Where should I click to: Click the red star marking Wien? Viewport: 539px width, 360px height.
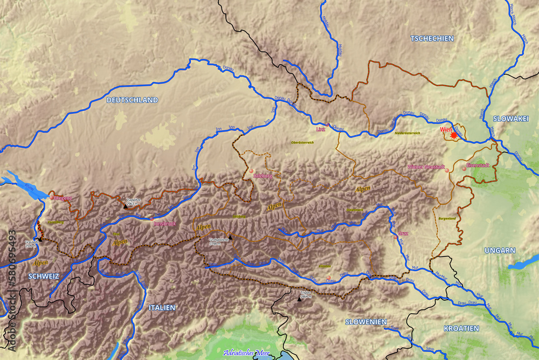454,136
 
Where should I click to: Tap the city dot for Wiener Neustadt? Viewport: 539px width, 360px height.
446,170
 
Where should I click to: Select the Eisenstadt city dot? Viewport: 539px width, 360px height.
464,169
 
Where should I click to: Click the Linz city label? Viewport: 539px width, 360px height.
321,129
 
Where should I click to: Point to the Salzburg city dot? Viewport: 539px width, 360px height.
251,171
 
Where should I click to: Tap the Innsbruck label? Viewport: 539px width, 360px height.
165,223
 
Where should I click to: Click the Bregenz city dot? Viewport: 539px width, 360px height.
52,198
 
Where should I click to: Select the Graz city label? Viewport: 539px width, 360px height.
403,234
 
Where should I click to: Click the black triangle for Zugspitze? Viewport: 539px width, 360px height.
126,205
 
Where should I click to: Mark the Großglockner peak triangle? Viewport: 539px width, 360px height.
230,237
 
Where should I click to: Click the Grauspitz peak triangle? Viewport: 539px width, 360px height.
40,239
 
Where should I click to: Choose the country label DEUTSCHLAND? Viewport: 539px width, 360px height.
132,100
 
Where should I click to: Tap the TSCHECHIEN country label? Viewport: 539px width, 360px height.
432,38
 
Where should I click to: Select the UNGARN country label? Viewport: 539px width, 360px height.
500,251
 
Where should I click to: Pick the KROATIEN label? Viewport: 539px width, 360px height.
461,328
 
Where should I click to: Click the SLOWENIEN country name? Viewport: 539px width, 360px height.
365,322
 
